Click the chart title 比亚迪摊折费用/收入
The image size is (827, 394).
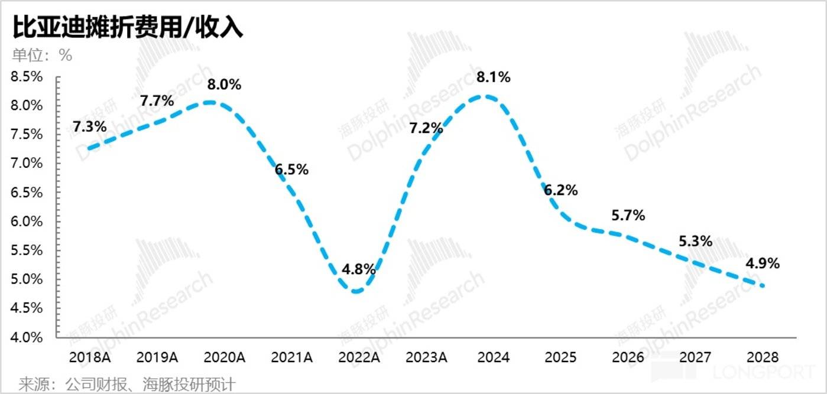[128, 28]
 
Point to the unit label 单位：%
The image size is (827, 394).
[42, 56]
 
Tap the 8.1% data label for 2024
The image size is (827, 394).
[494, 77]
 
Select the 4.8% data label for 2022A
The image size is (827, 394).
[359, 269]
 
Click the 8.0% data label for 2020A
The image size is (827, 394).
[224, 84]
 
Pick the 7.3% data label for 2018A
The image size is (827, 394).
[90, 126]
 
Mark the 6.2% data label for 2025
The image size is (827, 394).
[560, 190]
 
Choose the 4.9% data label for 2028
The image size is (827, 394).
[763, 263]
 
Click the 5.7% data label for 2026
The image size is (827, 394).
[628, 216]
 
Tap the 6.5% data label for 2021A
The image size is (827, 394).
[291, 170]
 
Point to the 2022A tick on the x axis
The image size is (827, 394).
[359, 357]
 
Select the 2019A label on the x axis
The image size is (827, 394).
[157, 357]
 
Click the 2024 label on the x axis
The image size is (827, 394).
[493, 357]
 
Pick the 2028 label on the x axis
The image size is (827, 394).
[763, 357]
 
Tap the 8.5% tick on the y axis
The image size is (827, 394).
[27, 76]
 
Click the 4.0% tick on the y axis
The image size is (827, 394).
[27, 337]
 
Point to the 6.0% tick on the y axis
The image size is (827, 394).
[27, 222]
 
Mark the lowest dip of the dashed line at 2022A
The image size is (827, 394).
[356, 291]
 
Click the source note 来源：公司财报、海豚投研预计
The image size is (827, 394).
[127, 385]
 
